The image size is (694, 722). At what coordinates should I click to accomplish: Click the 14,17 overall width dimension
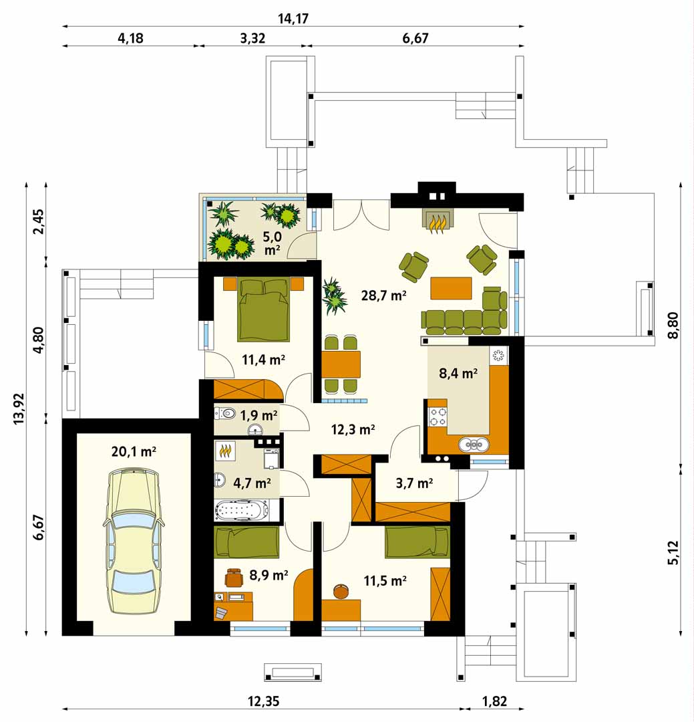pos(293,19)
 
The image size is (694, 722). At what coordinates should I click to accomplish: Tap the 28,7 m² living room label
pos(383,295)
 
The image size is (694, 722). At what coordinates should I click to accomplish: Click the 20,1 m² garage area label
pos(134,451)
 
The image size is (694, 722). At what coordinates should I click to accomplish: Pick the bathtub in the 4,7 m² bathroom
pos(242,510)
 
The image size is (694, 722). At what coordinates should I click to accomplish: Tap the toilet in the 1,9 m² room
pos(224,413)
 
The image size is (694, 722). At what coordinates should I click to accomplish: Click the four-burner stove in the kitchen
pos(438,416)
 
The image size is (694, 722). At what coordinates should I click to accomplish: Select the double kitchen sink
pos(474,445)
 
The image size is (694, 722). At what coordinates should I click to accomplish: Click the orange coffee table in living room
pos(451,288)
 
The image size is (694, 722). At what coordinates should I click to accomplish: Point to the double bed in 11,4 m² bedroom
pos(264,310)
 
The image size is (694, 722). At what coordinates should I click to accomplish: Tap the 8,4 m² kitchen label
pos(458,373)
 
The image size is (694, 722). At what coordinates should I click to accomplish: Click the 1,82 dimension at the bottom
pos(494,701)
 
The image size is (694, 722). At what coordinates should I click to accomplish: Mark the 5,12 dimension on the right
pos(673,553)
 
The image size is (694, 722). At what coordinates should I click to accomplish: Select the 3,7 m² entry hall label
pos(414,483)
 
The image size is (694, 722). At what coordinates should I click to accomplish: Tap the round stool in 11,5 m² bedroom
pos(341,591)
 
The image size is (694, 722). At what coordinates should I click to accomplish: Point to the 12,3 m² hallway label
pos(353,430)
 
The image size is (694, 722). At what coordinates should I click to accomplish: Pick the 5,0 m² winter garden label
pos(272,243)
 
